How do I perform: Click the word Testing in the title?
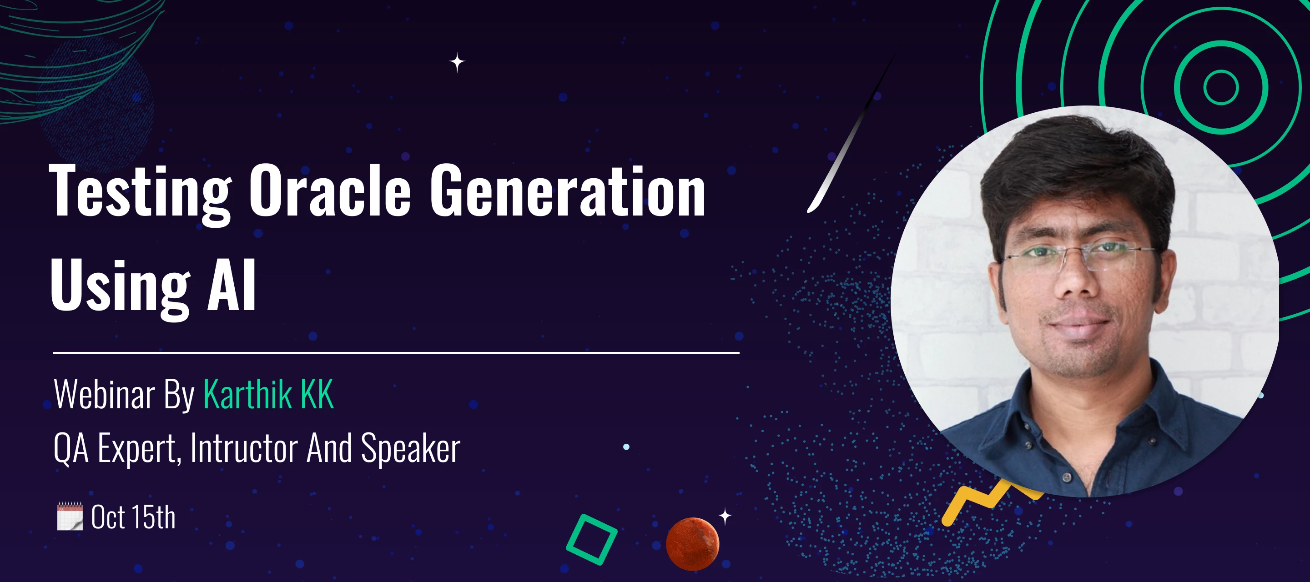pyautogui.click(x=140, y=193)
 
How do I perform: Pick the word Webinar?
pyautogui.click(x=104, y=394)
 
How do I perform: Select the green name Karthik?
pyautogui.click(x=247, y=394)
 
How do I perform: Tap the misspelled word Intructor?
pyautogui.click(x=244, y=448)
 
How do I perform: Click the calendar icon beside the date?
pyautogui.click(x=70, y=517)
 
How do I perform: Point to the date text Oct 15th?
pyautogui.click(x=133, y=517)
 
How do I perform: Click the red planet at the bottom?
pyautogui.click(x=693, y=544)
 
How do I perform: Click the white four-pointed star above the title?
pyautogui.click(x=457, y=63)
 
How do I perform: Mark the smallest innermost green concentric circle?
pyautogui.click(x=1221, y=70)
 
